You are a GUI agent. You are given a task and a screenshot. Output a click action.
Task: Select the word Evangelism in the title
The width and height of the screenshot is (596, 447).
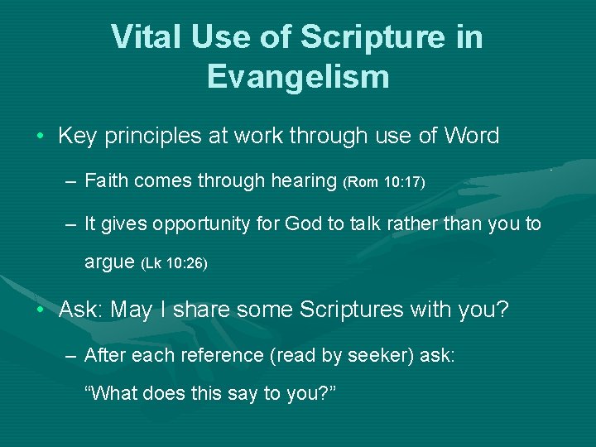point(298,76)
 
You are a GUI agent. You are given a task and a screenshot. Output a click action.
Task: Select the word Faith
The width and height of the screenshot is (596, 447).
point(106,180)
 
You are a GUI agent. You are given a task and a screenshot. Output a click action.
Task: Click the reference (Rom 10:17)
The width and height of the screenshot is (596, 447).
point(383,182)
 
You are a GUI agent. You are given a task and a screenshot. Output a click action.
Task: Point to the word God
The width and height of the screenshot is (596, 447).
point(309,224)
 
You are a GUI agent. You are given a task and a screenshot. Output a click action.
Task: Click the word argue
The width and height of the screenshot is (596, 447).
point(109,263)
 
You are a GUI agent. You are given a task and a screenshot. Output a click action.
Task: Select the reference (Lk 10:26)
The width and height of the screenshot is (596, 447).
point(175,264)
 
